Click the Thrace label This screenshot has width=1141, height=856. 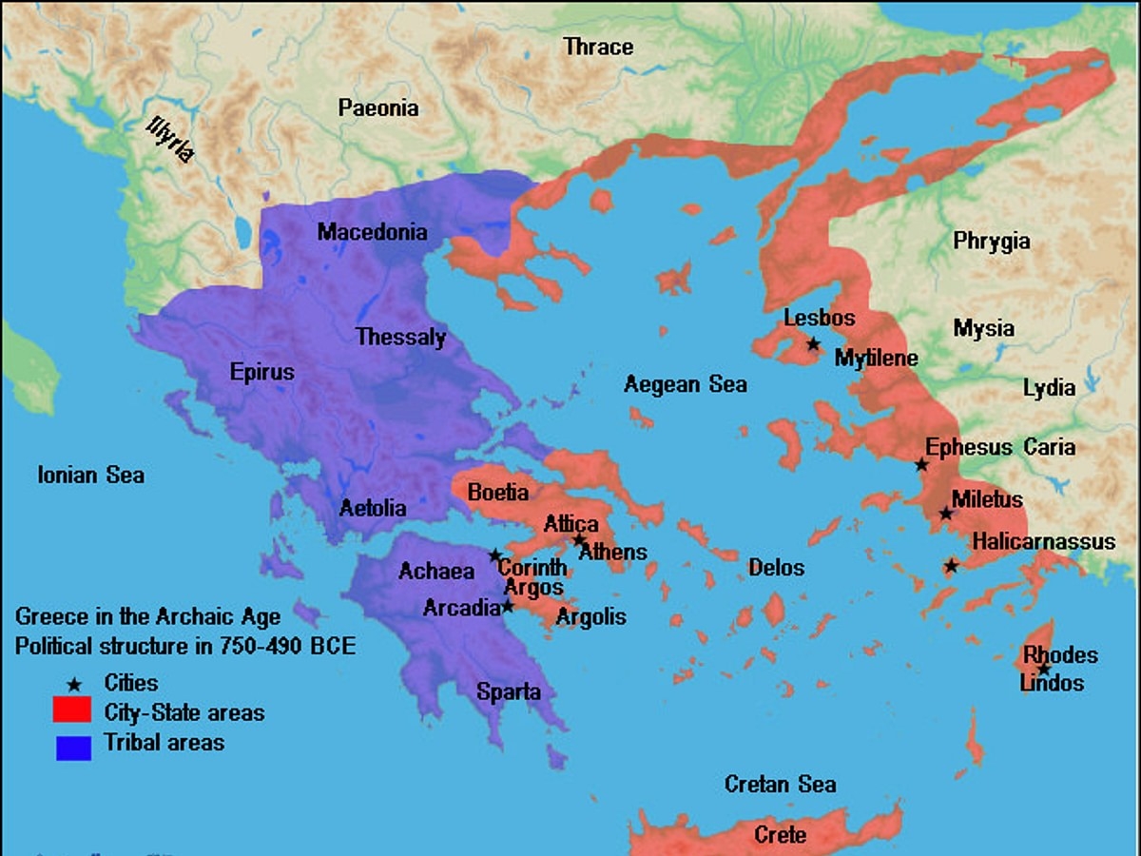[x=598, y=46]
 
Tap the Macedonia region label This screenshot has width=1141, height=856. [x=373, y=232]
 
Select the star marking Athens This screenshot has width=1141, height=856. [x=579, y=540]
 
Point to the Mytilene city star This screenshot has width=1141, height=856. [x=813, y=343]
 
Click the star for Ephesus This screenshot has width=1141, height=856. [x=921, y=465]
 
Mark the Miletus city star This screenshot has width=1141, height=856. [x=946, y=514]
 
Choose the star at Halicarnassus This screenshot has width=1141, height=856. [x=951, y=566]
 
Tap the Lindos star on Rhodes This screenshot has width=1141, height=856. [x=1044, y=669]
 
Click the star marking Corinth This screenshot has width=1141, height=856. [x=495, y=555]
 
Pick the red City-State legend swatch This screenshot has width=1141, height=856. [x=72, y=710]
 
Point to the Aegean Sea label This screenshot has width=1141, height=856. [x=685, y=384]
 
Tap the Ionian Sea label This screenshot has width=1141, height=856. [x=91, y=474]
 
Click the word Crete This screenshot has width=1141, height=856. [x=780, y=835]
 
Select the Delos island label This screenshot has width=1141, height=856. [x=776, y=568]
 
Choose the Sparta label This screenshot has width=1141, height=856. [x=509, y=691]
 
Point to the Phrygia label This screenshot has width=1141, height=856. [x=992, y=242]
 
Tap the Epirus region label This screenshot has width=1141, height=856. [x=262, y=372]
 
